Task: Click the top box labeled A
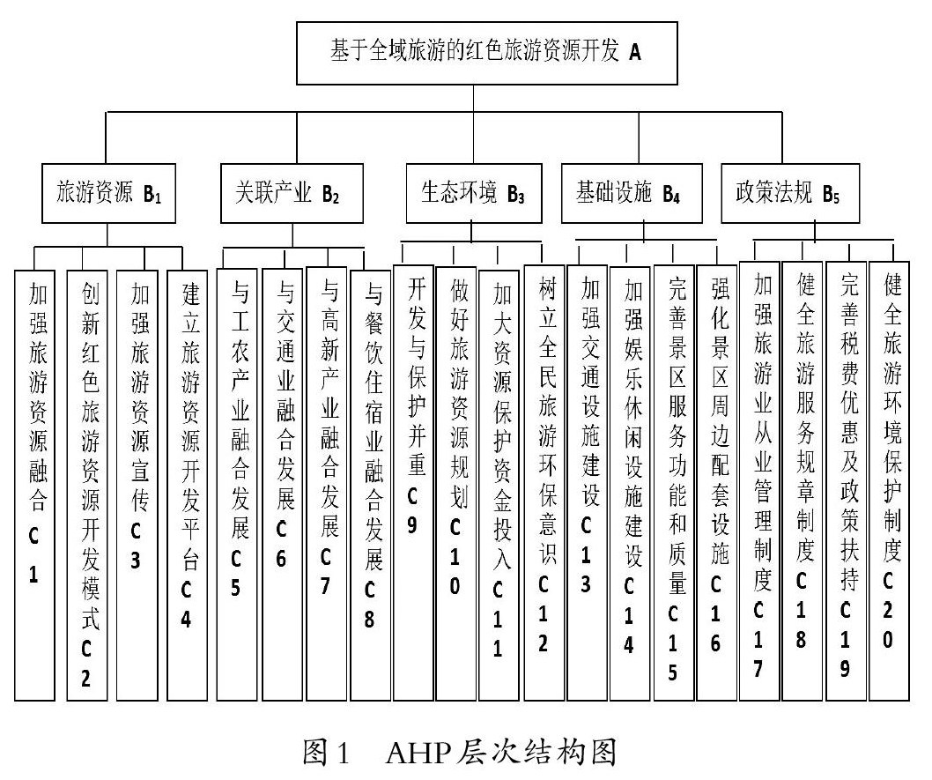tap(487, 52)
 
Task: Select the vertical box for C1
tap(35, 485)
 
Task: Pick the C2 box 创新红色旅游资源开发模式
tap(88, 485)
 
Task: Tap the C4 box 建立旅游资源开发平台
tap(187, 485)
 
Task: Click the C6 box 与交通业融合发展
tap(283, 485)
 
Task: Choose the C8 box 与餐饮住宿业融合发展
tap(371, 485)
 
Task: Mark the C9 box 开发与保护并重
tap(413, 485)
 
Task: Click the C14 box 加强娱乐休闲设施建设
tap(629, 485)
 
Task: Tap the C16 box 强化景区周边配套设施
tap(716, 485)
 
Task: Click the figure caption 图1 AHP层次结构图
tap(465, 752)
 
